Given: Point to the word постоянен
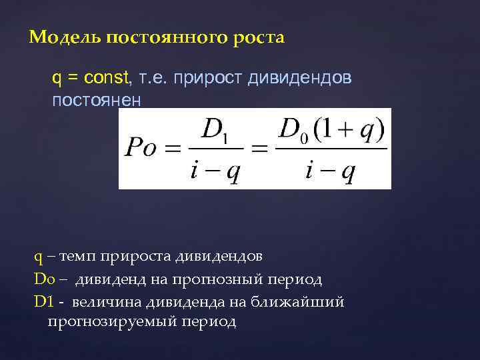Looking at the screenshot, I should click(97, 100).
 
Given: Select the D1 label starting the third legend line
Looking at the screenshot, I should click(43, 301).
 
